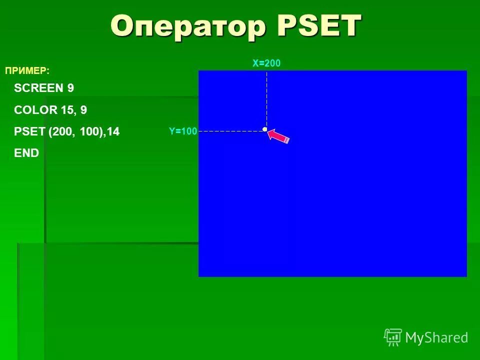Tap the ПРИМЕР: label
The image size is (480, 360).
tap(27, 71)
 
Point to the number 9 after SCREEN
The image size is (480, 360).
tap(70, 88)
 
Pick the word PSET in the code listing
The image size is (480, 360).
tap(29, 131)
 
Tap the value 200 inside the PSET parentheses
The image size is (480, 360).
tap(62, 131)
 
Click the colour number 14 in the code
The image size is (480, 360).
tap(113, 131)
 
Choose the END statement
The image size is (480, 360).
tap(26, 153)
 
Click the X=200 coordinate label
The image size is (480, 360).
tap(266, 63)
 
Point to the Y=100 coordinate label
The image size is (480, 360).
tap(183, 131)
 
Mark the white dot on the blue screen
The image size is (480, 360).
tap(264, 129)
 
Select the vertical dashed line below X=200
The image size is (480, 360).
tap(266, 100)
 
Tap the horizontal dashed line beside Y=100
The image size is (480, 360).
tap(230, 131)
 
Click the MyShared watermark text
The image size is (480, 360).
tap(436, 337)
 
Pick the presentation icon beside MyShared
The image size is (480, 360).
tap(393, 337)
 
